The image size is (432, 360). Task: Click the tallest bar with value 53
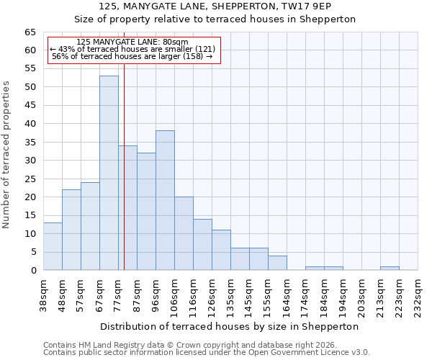click(109, 173)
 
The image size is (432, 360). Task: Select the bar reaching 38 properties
click(165, 200)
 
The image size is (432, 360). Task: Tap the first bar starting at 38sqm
click(53, 246)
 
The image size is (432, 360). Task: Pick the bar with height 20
click(184, 233)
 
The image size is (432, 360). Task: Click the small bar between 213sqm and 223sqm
click(390, 269)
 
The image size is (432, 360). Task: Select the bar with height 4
click(277, 263)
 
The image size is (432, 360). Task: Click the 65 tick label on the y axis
click(30, 32)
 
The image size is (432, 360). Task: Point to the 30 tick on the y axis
click(30, 161)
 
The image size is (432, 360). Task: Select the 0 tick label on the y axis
click(33, 271)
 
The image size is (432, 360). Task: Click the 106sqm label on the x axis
click(175, 294)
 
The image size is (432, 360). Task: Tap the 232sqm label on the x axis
click(418, 294)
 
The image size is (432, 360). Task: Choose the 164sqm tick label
click(287, 294)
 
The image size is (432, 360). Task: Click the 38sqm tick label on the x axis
click(44, 294)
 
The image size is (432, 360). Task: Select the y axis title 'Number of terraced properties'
click(6, 154)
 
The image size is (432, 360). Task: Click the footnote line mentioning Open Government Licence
click(206, 352)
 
